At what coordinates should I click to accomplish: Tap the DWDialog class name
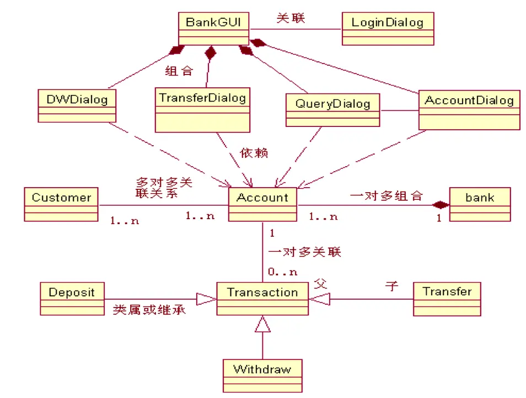[x=77, y=99]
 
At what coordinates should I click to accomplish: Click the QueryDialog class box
[x=332, y=110]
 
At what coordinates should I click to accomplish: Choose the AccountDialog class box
[x=469, y=109]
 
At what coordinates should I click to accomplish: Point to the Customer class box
[x=61, y=204]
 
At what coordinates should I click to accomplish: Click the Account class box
[x=262, y=204]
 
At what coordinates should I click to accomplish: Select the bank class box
[x=480, y=204]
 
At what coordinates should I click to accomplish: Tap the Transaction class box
[x=262, y=299]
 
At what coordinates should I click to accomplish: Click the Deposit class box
[x=72, y=299]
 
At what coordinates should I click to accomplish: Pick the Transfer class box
[x=447, y=299]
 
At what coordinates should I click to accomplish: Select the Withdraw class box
[x=262, y=375]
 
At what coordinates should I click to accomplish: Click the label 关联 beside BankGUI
[x=291, y=19]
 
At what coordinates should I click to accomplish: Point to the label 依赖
[x=254, y=153]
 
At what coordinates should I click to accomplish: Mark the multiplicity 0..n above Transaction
[x=282, y=272]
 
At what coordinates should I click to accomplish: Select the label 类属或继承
[x=149, y=310]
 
